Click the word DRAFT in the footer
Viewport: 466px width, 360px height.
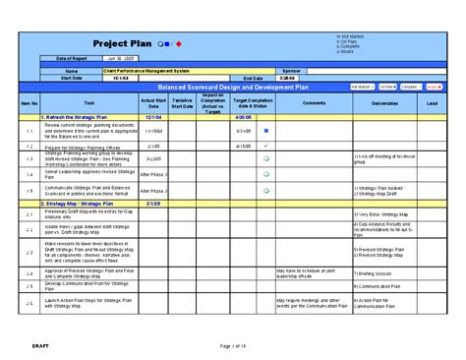pos(40,345)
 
